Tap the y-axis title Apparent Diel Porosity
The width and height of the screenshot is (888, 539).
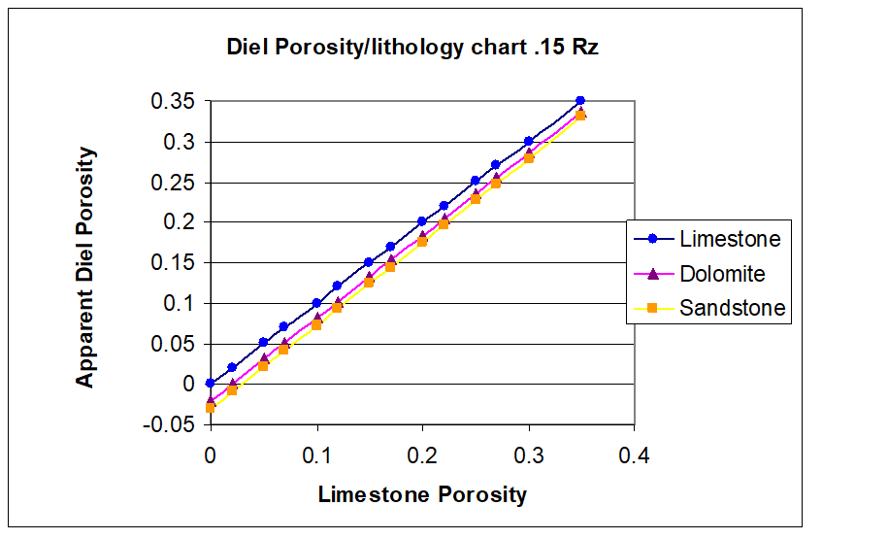click(x=86, y=267)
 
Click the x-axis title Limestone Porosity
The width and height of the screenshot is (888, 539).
click(x=422, y=495)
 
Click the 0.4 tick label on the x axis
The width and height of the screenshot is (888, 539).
click(x=634, y=455)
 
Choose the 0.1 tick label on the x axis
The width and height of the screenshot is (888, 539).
click(x=316, y=455)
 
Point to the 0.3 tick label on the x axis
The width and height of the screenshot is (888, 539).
click(x=528, y=455)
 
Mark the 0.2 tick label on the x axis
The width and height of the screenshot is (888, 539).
click(x=422, y=455)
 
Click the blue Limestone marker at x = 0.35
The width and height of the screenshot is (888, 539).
click(x=580, y=101)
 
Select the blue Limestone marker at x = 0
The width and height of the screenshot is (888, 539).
click(x=211, y=384)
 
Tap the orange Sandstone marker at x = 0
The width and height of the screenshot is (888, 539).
click(x=211, y=408)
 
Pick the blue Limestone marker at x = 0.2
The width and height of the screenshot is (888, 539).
click(x=422, y=221)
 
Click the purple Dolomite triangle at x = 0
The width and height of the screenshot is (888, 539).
click(x=211, y=399)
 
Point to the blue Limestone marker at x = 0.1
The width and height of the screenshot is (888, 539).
click(x=316, y=303)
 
